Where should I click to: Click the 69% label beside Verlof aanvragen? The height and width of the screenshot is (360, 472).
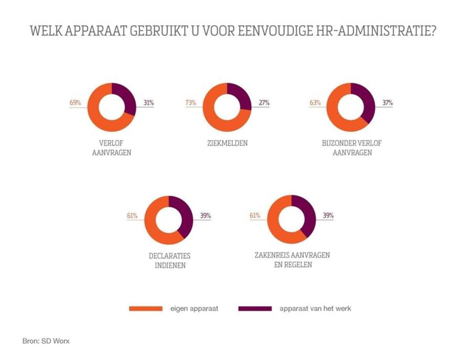coord(75,103)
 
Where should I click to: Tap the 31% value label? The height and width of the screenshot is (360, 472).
coord(148,103)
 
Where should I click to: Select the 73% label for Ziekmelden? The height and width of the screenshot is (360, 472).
coord(191,103)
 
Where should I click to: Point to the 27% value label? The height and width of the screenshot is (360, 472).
coord(264,103)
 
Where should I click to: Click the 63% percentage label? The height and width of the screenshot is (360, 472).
coord(315,103)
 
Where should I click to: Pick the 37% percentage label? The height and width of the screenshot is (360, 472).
coord(387,103)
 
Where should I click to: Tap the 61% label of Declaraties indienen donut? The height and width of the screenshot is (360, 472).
coord(132,216)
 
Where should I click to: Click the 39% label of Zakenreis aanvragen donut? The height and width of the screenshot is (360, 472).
coord(328,216)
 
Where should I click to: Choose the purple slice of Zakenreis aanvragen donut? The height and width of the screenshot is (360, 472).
coord(306,212)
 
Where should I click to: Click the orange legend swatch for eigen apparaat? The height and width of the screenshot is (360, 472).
coord(146,309)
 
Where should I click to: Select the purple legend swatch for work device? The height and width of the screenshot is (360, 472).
coord(255,309)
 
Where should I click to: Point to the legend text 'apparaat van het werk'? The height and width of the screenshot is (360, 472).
coord(315,309)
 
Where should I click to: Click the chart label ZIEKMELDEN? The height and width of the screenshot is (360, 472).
coord(228,143)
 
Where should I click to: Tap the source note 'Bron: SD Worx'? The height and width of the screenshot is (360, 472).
coord(46,341)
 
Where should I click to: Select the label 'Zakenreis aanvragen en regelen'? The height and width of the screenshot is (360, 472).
coord(292,260)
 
